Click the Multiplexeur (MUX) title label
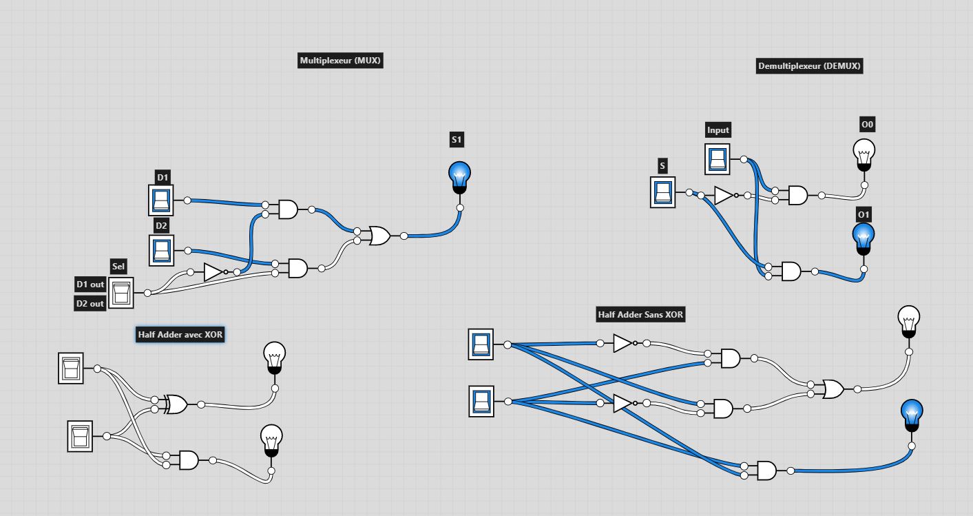coord(341,61)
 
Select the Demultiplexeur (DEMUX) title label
coord(809,66)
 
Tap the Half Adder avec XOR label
coord(180,335)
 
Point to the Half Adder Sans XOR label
coord(640,314)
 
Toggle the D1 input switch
coord(160,200)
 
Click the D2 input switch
coord(161,250)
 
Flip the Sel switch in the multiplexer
coord(121,293)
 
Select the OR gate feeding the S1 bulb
coord(379,236)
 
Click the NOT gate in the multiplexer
coord(215,272)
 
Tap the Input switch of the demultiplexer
coord(717,159)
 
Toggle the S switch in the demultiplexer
coord(663,192)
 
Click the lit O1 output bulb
coord(864,239)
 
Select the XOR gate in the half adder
coord(176,404)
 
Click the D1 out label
coord(90,285)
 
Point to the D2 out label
coord(90,303)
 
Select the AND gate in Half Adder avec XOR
coord(189,460)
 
